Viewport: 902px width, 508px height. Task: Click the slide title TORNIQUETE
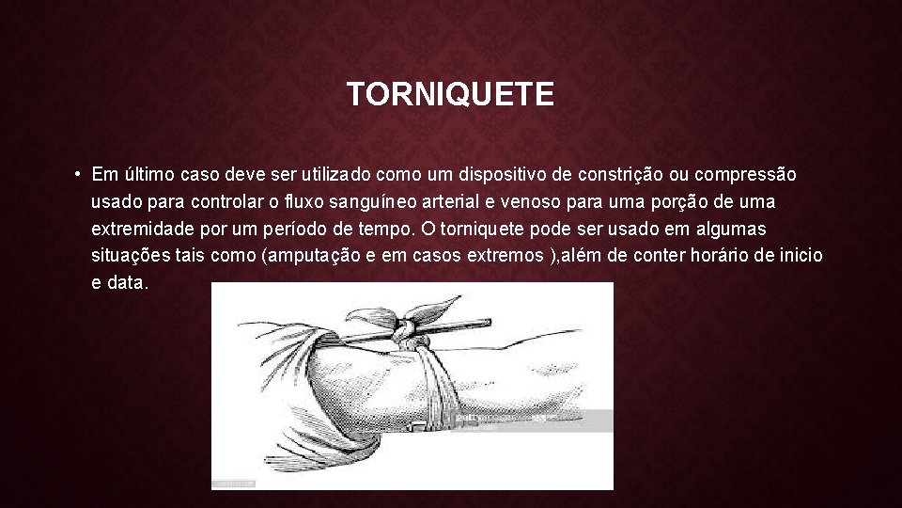point(450,94)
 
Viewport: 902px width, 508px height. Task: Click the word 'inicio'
point(801,257)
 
